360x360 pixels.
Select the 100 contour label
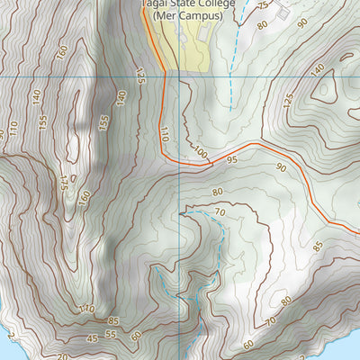coord(200,155)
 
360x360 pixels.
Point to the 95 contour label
coord(231,159)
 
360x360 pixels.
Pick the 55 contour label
coord(111,334)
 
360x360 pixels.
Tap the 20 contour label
coord(63,356)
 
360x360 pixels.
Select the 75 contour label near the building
coord(263,7)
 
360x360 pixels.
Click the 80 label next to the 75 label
coord(263,24)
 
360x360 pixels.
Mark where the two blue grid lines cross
coord(180,76)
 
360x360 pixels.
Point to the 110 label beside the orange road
coord(165,135)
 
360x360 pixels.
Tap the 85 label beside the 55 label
coord(113,320)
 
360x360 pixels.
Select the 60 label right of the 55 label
coord(135,336)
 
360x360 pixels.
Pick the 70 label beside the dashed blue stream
coord(219,212)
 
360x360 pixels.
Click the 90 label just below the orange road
coord(282,167)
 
